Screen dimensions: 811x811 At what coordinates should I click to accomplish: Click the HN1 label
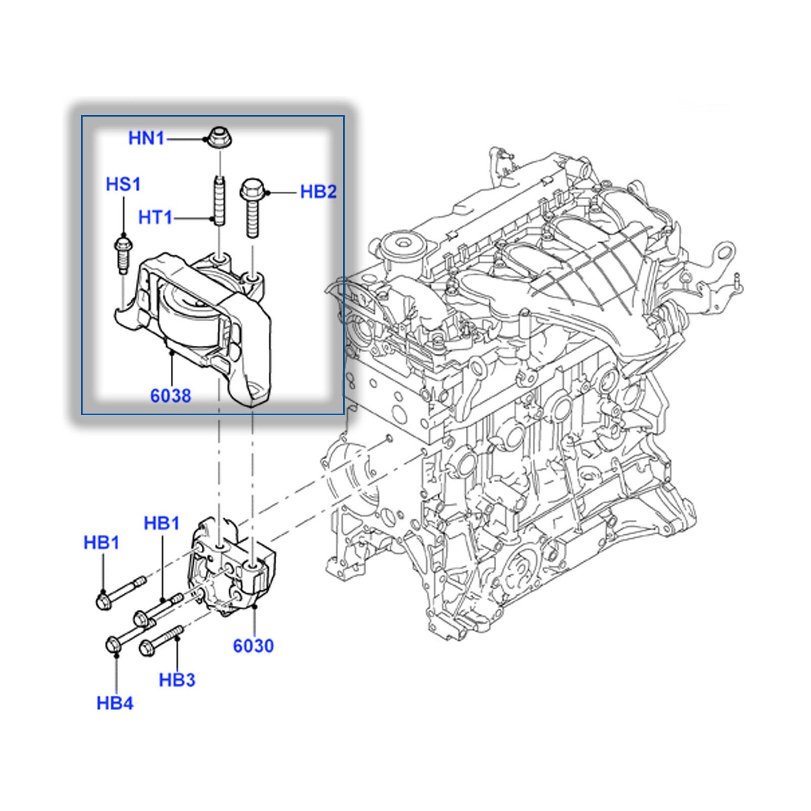(146, 138)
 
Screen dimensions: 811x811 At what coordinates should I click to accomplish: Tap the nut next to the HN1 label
(218, 138)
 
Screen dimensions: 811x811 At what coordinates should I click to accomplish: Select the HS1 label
(123, 184)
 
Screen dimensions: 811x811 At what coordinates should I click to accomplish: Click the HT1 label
(155, 218)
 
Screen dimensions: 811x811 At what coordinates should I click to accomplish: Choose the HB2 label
(318, 192)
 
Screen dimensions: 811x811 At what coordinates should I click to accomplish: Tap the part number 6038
(171, 395)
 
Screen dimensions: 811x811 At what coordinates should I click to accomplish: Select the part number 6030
(253, 646)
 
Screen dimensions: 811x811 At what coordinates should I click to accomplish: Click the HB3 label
(177, 680)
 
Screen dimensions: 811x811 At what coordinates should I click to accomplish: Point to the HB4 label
(115, 703)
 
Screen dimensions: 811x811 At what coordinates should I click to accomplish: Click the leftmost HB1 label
(101, 542)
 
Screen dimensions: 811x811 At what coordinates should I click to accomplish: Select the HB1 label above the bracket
(162, 523)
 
